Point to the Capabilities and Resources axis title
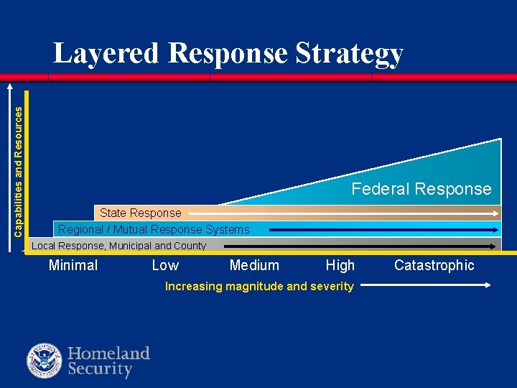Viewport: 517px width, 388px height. (x=19, y=163)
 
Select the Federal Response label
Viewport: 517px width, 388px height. (x=421, y=189)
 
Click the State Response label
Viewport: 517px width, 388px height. (x=141, y=213)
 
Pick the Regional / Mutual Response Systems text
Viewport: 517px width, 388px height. (x=154, y=230)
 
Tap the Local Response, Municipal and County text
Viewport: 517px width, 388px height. (x=118, y=246)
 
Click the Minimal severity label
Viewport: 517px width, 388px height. (x=73, y=265)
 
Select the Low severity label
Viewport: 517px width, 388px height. (x=165, y=265)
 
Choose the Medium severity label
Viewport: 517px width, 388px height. (x=254, y=265)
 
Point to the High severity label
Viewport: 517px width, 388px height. (x=340, y=265)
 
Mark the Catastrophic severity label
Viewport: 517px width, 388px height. (x=434, y=265)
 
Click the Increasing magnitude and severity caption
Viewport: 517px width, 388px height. (x=259, y=286)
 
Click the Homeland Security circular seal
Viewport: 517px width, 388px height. (x=45, y=361)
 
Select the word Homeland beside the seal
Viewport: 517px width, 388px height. (x=108, y=353)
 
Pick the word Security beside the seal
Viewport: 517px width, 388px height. (x=100, y=369)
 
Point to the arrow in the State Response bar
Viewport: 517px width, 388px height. (x=345, y=213)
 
